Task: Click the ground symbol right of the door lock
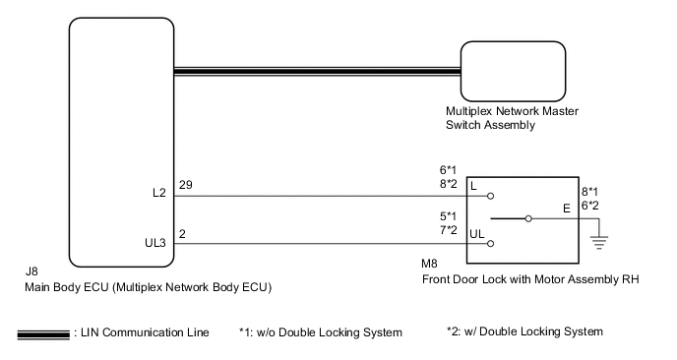click(599, 243)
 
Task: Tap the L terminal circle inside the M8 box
click(490, 196)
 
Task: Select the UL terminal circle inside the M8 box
click(490, 244)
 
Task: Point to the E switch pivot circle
click(528, 218)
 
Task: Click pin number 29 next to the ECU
click(186, 185)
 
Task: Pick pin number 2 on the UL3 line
click(182, 234)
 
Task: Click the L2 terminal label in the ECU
click(159, 193)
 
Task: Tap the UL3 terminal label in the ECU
click(155, 243)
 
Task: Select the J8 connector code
click(31, 271)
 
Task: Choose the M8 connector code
click(429, 264)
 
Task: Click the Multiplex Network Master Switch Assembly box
click(513, 72)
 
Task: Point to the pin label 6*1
click(448, 170)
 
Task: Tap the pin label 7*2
click(448, 230)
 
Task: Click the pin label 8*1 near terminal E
click(589, 192)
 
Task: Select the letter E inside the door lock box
click(567, 209)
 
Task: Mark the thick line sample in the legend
click(43, 335)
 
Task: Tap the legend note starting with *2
click(524, 331)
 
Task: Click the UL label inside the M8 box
click(476, 234)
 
